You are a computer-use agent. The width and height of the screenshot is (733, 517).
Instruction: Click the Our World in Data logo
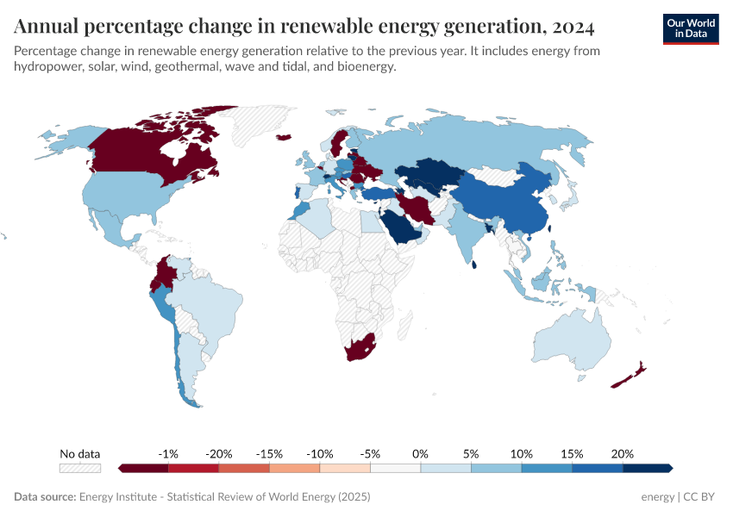(690, 28)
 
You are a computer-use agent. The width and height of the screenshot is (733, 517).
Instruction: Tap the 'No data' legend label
(80, 453)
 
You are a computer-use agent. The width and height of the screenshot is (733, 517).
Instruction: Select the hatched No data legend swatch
(80, 468)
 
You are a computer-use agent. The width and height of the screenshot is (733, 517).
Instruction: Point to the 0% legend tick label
(420, 453)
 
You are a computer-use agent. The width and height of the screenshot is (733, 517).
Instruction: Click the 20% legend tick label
(622, 453)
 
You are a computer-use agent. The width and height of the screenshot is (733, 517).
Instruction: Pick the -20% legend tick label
(218, 453)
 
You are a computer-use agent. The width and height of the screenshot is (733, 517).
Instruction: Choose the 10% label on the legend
(521, 453)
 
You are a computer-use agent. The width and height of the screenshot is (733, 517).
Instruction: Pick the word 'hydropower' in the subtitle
(44, 67)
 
